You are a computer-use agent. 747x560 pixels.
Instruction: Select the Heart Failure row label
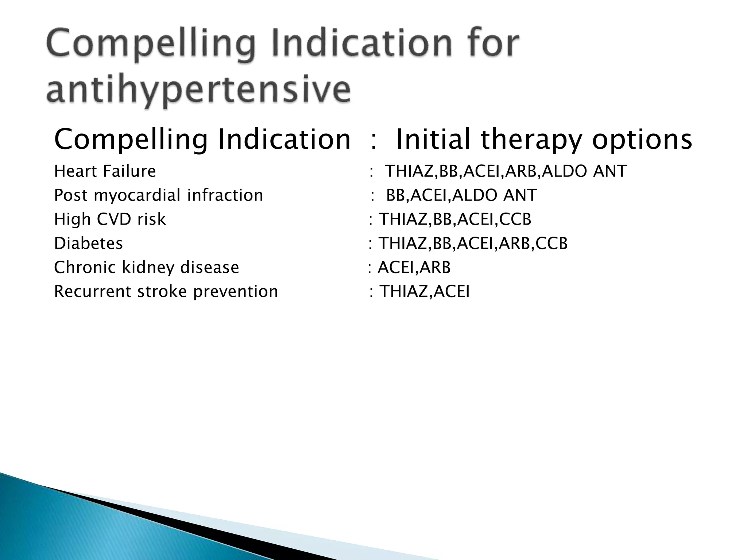click(105, 171)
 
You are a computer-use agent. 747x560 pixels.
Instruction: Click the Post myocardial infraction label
click(158, 195)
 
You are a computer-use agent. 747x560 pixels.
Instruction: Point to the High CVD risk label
click(110, 219)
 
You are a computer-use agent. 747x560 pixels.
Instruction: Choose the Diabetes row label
click(88, 243)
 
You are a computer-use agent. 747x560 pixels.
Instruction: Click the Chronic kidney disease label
click(146, 267)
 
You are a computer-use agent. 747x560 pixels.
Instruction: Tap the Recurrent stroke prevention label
click(166, 291)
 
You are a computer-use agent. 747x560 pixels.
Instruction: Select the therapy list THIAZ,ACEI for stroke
click(425, 291)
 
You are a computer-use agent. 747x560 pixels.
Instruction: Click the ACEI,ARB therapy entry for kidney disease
click(414, 267)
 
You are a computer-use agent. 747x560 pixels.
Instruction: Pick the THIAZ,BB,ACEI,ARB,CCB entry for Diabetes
click(473, 243)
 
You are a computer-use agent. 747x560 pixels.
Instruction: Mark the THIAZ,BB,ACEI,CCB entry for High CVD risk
click(455, 219)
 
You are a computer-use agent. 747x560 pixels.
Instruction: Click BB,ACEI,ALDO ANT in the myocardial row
click(461, 195)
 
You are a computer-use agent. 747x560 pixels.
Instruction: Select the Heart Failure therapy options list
click(506, 171)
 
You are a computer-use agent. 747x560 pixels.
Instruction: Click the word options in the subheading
click(642, 140)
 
